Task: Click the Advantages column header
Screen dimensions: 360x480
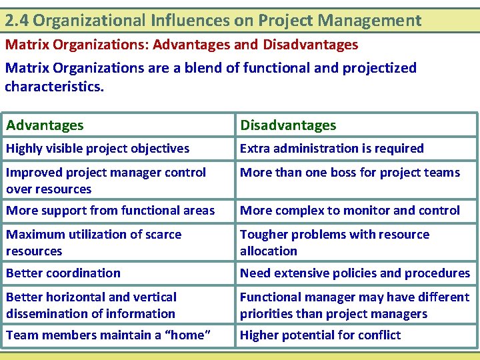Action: (45, 125)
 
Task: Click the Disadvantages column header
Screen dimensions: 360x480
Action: (288, 125)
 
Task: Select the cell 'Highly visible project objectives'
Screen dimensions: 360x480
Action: (97, 149)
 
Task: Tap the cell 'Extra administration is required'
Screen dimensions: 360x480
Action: (331, 149)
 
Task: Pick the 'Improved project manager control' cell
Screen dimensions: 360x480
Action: (106, 180)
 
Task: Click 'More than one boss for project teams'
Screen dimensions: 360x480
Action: (349, 173)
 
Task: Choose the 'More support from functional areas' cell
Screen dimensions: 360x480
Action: (110, 211)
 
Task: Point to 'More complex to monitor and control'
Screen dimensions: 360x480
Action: (349, 211)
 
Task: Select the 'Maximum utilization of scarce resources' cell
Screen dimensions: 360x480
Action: (93, 242)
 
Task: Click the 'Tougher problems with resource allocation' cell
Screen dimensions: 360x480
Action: (334, 242)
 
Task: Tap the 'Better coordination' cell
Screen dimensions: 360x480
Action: (63, 273)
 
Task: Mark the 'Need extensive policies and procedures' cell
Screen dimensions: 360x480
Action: (355, 273)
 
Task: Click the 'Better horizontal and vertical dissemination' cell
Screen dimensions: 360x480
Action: (91, 305)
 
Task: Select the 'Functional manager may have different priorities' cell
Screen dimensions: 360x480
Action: (354, 305)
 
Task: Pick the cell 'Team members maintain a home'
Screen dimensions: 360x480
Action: (108, 335)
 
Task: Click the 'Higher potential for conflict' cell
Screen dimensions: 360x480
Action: (320, 335)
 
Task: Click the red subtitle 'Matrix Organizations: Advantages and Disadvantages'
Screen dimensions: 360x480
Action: (181, 45)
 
